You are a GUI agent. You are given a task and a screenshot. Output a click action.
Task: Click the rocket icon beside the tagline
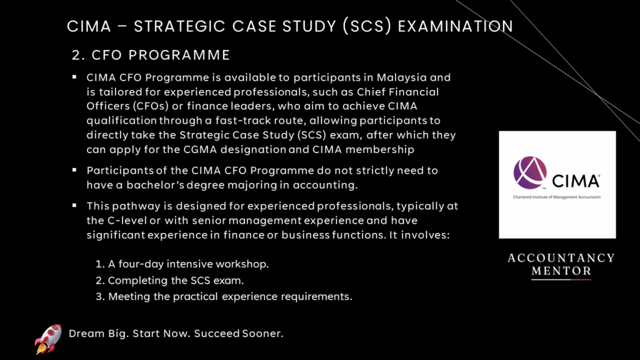pos(48,338)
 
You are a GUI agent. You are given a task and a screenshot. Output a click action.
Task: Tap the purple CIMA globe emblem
pos(530,172)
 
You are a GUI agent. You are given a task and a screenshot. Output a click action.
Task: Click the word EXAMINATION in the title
pos(456,26)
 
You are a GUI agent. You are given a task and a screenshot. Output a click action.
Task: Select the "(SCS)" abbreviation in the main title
pos(367,26)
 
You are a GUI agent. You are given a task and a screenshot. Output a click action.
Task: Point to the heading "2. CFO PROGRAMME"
pos(151,55)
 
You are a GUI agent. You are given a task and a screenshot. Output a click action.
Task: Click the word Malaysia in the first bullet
pos(402,77)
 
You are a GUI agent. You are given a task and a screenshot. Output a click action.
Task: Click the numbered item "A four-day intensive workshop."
pos(182,264)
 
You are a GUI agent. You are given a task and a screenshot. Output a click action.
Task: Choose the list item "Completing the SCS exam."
pos(169,281)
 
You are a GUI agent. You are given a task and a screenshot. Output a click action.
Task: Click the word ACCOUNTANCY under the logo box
pos(561,258)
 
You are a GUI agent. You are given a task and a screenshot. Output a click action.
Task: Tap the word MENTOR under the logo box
pos(561,271)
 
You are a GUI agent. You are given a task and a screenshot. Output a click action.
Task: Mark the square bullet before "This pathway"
pos(74,205)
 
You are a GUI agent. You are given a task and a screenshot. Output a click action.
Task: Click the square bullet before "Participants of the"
pos(74,170)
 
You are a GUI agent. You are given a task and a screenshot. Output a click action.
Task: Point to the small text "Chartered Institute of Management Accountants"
pos(557,197)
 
